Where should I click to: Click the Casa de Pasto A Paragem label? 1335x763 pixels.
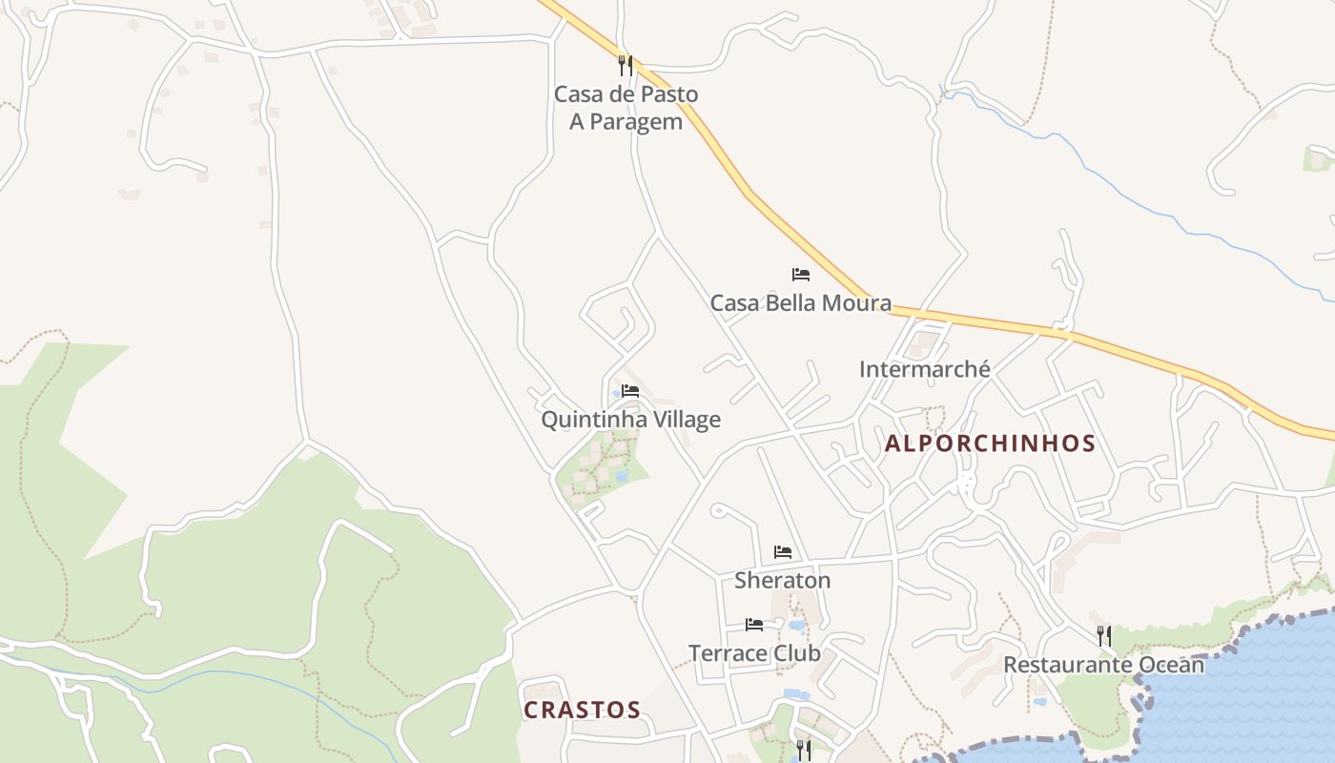pyautogui.click(x=626, y=108)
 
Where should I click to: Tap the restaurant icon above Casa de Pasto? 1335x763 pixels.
pyautogui.click(x=625, y=65)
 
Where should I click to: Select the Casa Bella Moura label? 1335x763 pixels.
pyautogui.click(x=800, y=303)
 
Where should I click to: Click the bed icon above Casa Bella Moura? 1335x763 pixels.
pyautogui.click(x=801, y=275)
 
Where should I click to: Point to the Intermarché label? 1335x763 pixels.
pyautogui.click(x=924, y=369)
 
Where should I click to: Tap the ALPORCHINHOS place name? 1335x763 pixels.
pyautogui.click(x=990, y=443)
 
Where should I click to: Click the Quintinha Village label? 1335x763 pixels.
pyautogui.click(x=630, y=420)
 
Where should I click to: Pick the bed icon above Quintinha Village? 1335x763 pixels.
pyautogui.click(x=629, y=391)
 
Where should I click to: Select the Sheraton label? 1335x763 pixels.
pyautogui.click(x=782, y=580)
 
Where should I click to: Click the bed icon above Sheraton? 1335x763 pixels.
pyautogui.click(x=783, y=552)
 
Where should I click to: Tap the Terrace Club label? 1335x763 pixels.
pyautogui.click(x=754, y=653)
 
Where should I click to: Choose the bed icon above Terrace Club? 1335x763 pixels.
pyautogui.click(x=754, y=625)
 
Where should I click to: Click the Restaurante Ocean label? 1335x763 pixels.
pyautogui.click(x=1103, y=665)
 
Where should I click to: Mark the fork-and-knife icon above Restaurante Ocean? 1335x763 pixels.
pyautogui.click(x=1103, y=635)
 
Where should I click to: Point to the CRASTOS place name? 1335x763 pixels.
pyautogui.click(x=582, y=711)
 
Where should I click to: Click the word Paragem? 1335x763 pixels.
pyautogui.click(x=636, y=122)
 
